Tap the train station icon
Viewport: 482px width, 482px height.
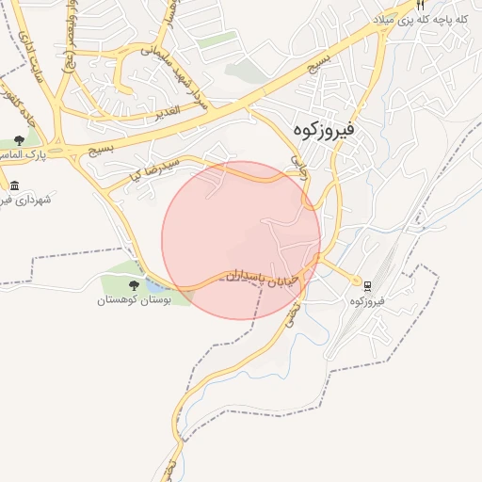367,286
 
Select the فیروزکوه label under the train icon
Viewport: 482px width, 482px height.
368,301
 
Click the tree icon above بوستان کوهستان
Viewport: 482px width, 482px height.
134,284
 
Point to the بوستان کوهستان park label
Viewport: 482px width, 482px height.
135,300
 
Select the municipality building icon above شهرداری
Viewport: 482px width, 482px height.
13,185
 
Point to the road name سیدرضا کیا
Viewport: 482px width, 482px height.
143,170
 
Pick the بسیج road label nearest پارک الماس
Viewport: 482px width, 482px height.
99,148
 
